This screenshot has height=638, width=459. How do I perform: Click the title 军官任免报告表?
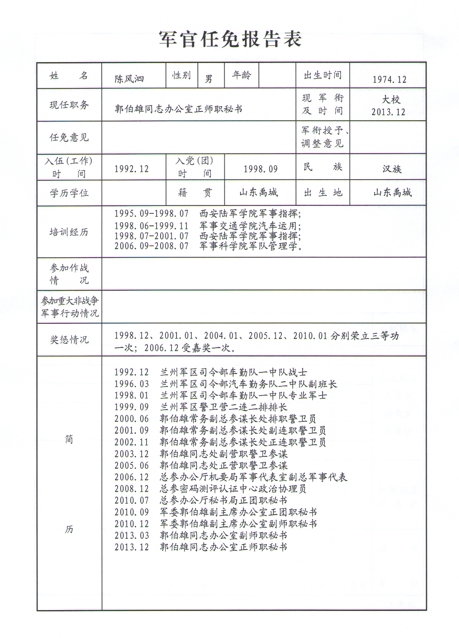pyautogui.click(x=230, y=39)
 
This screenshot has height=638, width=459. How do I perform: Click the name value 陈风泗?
pyautogui.click(x=129, y=79)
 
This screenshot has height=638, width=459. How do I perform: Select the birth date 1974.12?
pyautogui.click(x=389, y=80)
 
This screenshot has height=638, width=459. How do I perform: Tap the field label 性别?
pyautogui.click(x=181, y=75)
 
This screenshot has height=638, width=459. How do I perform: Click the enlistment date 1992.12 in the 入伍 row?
pyautogui.click(x=131, y=169)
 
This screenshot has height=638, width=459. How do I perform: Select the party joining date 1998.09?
pyautogui.click(x=261, y=169)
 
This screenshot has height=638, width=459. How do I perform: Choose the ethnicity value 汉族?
pyautogui.click(x=392, y=169)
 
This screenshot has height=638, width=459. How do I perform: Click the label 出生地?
pyautogui.click(x=323, y=193)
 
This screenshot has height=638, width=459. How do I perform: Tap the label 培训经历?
pyautogui.click(x=69, y=232)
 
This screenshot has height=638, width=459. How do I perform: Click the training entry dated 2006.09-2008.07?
pyautogui.click(x=208, y=246)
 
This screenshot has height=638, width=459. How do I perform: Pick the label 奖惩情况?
pyautogui.click(x=69, y=340)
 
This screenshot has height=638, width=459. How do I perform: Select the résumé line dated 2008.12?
pyautogui.click(x=210, y=489)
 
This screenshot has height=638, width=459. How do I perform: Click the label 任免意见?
pyautogui.click(x=69, y=138)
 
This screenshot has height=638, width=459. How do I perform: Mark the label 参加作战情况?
pyautogui.click(x=69, y=274)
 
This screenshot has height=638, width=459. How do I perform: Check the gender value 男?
pyautogui.click(x=208, y=79)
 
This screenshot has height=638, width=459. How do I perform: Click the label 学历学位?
pyautogui.click(x=69, y=194)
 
